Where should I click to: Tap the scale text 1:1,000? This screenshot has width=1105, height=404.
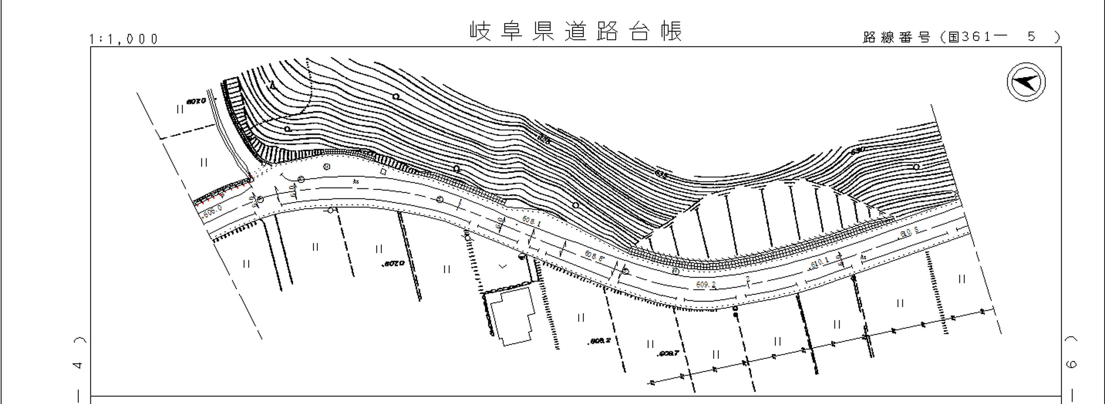124,39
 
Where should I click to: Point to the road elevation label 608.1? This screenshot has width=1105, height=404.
531,221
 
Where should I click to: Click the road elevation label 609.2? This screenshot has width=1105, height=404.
706,284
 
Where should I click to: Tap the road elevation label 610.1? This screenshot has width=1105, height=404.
819,262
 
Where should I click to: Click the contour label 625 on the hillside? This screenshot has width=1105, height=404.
543,139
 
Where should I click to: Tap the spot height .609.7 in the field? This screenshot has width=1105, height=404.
668,353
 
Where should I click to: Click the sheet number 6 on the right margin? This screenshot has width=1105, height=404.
1071,364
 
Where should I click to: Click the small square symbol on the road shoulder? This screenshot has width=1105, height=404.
383,172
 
